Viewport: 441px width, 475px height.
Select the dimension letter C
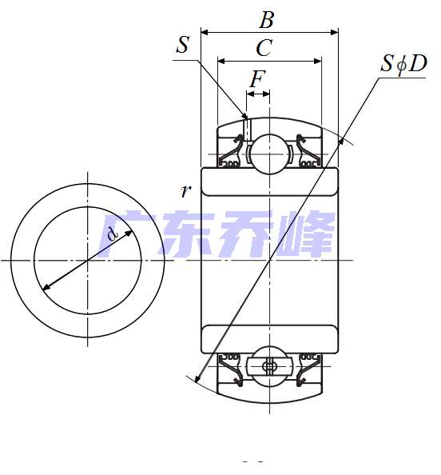(x=264, y=49)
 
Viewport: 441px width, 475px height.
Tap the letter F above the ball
(x=257, y=80)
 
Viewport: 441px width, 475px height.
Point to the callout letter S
(x=182, y=46)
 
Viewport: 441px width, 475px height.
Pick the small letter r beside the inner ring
(x=185, y=190)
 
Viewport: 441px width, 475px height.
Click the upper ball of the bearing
(x=270, y=151)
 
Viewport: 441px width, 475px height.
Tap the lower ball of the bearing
(x=270, y=367)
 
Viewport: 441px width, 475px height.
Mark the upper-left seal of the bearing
(x=232, y=152)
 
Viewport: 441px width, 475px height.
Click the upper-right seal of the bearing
(x=308, y=152)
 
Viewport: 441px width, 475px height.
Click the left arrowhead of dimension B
(x=205, y=33)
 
